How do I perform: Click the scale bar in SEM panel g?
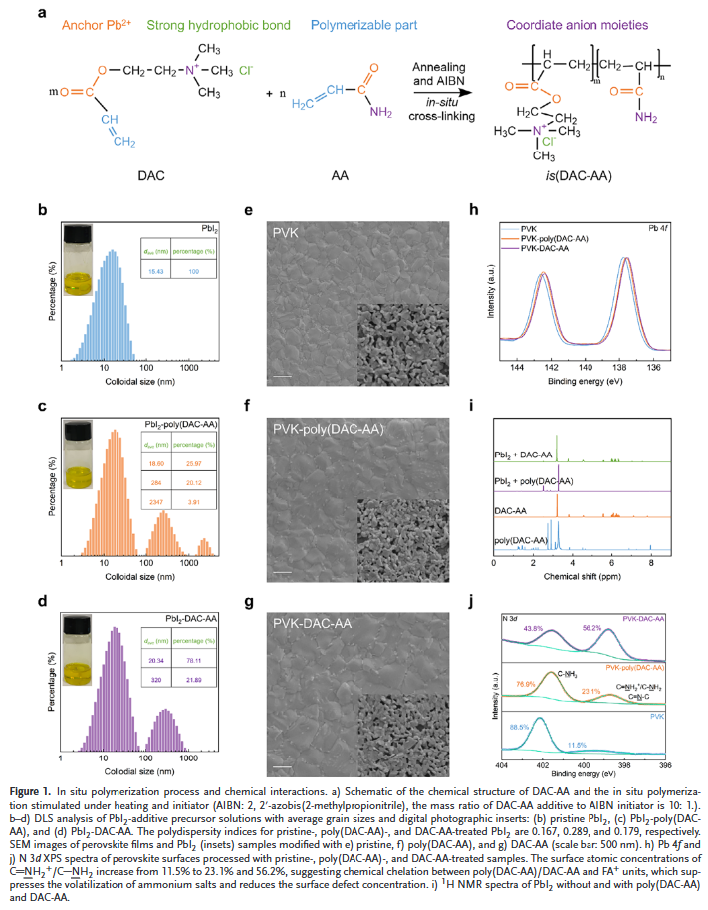[x=283, y=767]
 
